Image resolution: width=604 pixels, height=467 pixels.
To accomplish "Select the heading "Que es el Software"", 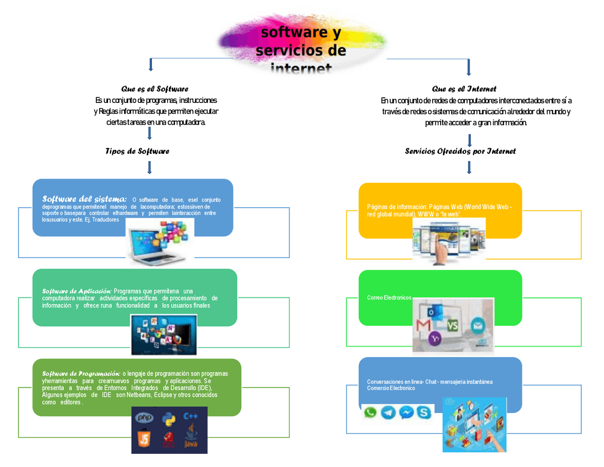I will (155, 89).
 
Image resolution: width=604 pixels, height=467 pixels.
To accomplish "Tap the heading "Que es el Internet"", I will (464, 89).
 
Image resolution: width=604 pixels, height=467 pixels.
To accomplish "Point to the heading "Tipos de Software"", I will (137, 151).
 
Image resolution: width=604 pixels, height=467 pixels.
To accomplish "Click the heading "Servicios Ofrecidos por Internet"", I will (460, 151).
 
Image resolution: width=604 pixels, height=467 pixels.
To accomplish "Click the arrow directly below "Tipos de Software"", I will (150, 168).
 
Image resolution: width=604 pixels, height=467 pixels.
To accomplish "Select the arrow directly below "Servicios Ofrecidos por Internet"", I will (469, 168).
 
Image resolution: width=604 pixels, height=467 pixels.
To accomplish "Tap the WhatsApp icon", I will (370, 412).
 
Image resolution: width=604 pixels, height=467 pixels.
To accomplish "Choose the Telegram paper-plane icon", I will (388, 413).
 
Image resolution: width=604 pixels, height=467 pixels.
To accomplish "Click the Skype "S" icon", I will (424, 413).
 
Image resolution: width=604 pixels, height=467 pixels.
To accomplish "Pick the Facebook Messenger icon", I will (406, 413).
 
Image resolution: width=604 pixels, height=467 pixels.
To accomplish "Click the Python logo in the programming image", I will (168, 418).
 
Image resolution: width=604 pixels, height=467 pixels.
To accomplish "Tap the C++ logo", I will (191, 416).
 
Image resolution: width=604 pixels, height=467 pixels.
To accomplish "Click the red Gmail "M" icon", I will (423, 325).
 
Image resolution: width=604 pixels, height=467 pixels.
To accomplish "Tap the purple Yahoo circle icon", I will (435, 339).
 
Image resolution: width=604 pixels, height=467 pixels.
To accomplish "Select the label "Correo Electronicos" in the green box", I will (389, 298).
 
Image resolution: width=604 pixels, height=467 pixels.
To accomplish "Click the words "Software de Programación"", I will (81, 374).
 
